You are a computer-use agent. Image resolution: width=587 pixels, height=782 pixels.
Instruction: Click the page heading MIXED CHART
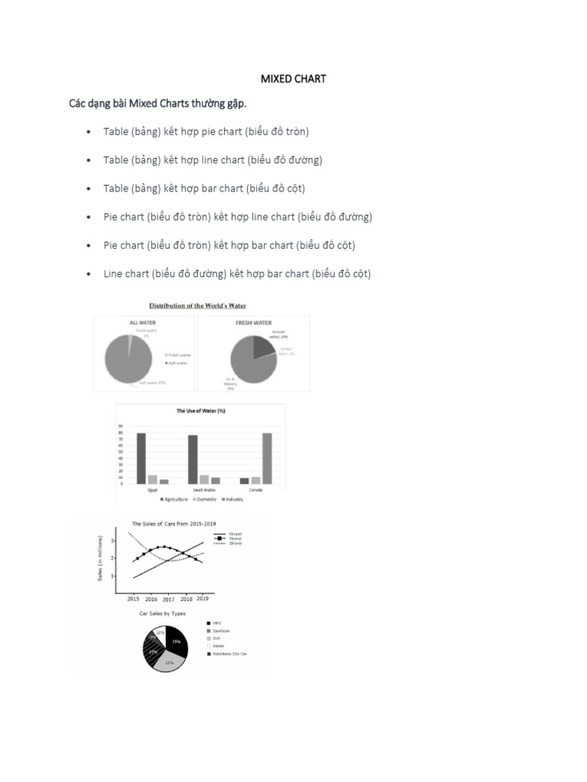(293, 79)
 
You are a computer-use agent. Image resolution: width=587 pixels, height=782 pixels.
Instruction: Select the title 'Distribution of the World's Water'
(202, 306)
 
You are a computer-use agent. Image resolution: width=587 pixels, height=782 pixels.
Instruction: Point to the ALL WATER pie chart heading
(143, 323)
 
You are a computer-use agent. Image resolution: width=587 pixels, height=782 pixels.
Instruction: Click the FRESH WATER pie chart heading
(254, 323)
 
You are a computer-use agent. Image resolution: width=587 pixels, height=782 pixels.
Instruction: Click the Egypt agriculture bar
(141, 458)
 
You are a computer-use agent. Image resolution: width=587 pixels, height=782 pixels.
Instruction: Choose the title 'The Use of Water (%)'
(201, 411)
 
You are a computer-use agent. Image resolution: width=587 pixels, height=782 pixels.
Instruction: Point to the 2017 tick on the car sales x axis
(168, 599)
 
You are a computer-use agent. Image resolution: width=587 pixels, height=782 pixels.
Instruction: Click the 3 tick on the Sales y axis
(112, 541)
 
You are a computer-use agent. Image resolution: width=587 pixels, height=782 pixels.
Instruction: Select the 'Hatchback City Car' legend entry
(228, 654)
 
